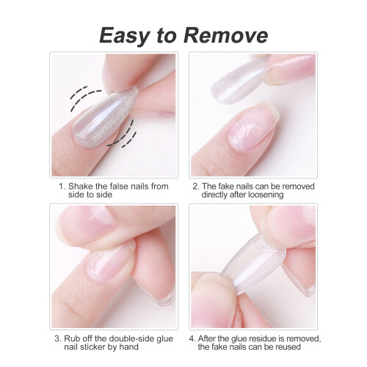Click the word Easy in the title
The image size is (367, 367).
[124, 36]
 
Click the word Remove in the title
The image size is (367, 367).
[225, 35]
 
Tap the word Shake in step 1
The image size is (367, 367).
[81, 186]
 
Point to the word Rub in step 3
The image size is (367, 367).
[72, 338]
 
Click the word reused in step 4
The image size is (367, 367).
[288, 346]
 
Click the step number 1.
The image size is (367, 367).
[62, 186]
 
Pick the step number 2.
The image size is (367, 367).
[196, 186]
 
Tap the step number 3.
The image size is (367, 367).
[58, 339]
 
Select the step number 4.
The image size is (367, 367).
[192, 339]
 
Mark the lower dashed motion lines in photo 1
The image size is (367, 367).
[123, 134]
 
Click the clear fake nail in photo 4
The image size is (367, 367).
[253, 266]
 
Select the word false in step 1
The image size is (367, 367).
[120, 186]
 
